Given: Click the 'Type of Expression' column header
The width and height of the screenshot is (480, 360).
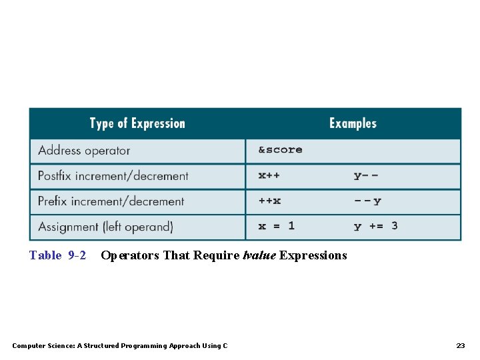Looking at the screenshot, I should [x=137, y=123].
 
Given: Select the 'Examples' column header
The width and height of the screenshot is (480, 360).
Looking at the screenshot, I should [x=353, y=123].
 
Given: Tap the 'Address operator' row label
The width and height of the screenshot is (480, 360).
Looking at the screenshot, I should [x=84, y=151].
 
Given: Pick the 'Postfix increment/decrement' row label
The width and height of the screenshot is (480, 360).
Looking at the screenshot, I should [x=113, y=176].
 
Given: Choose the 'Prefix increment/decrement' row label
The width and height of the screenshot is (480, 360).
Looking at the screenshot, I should [x=111, y=201].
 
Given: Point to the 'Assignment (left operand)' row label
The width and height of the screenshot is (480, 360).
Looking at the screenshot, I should [x=105, y=227].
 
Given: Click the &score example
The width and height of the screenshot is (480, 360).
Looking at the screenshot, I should [x=280, y=150].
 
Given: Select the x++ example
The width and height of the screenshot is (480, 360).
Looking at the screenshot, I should [x=269, y=176].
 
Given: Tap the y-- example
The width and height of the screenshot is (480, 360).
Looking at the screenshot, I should [x=366, y=176].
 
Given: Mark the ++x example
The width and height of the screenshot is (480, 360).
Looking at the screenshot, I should [x=269, y=201].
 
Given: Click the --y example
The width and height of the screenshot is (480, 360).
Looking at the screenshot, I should [x=367, y=201].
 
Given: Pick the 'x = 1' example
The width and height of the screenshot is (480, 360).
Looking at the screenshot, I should [x=276, y=227].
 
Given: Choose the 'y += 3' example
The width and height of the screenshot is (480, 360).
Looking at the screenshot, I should [x=375, y=227].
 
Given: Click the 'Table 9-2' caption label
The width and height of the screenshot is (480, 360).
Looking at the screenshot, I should [x=57, y=255].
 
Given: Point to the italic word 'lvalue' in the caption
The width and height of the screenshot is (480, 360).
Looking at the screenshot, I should [x=259, y=255].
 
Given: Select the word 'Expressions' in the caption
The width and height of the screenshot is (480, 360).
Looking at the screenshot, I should [x=313, y=255].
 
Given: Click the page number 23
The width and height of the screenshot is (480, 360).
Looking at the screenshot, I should [x=460, y=345].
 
